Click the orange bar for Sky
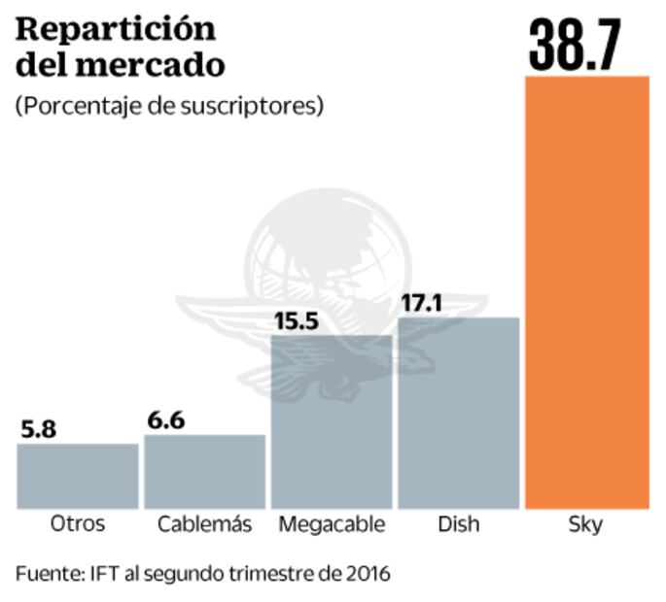[x=586, y=291]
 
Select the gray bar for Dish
[x=459, y=413]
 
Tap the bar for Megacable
[x=332, y=421]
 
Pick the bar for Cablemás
[x=204, y=471]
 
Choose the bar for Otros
[x=78, y=476]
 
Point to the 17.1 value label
[x=421, y=303]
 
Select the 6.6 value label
[x=166, y=420]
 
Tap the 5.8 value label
[x=39, y=429]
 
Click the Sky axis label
[x=585, y=525]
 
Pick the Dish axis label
[x=458, y=525]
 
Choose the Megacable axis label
[x=332, y=525]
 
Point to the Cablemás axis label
[x=204, y=525]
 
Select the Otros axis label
[x=78, y=525]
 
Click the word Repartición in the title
[x=116, y=30]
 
